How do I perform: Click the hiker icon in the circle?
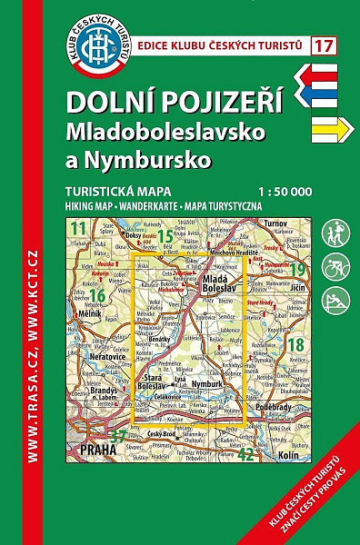(335, 233)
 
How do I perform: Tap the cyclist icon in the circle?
(335, 267)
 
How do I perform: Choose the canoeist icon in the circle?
(335, 301)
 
